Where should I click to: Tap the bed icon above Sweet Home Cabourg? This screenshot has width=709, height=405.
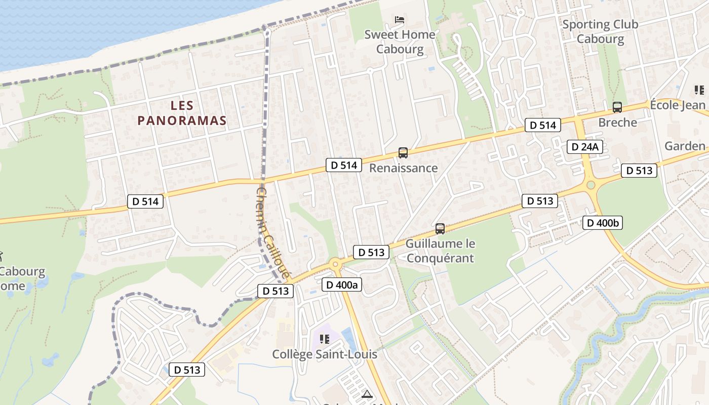pos(400,20)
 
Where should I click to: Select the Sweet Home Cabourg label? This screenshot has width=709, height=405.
pos(400,42)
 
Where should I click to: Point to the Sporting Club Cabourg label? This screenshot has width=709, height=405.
pos(600,31)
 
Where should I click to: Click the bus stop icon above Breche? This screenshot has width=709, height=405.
pos(617,107)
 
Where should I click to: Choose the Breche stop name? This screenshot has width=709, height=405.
pos(617,123)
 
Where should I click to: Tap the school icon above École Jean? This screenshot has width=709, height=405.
pos(699,91)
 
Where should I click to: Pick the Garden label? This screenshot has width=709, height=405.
pos(685,146)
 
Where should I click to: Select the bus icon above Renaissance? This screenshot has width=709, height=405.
pos(403,152)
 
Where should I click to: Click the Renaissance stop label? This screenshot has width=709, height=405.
pos(403,168)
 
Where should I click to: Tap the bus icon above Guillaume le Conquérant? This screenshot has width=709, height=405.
pos(440,229)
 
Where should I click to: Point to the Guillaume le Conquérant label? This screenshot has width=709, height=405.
pos(440,251)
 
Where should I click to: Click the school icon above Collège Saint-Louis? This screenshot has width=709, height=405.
pos(325,339)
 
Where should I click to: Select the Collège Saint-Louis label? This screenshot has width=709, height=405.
pos(325,354)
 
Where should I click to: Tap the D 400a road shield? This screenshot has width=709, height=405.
pos(342,285)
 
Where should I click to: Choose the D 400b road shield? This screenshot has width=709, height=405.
pos(602,223)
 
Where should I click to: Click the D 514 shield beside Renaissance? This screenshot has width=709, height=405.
pos(344,165)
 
